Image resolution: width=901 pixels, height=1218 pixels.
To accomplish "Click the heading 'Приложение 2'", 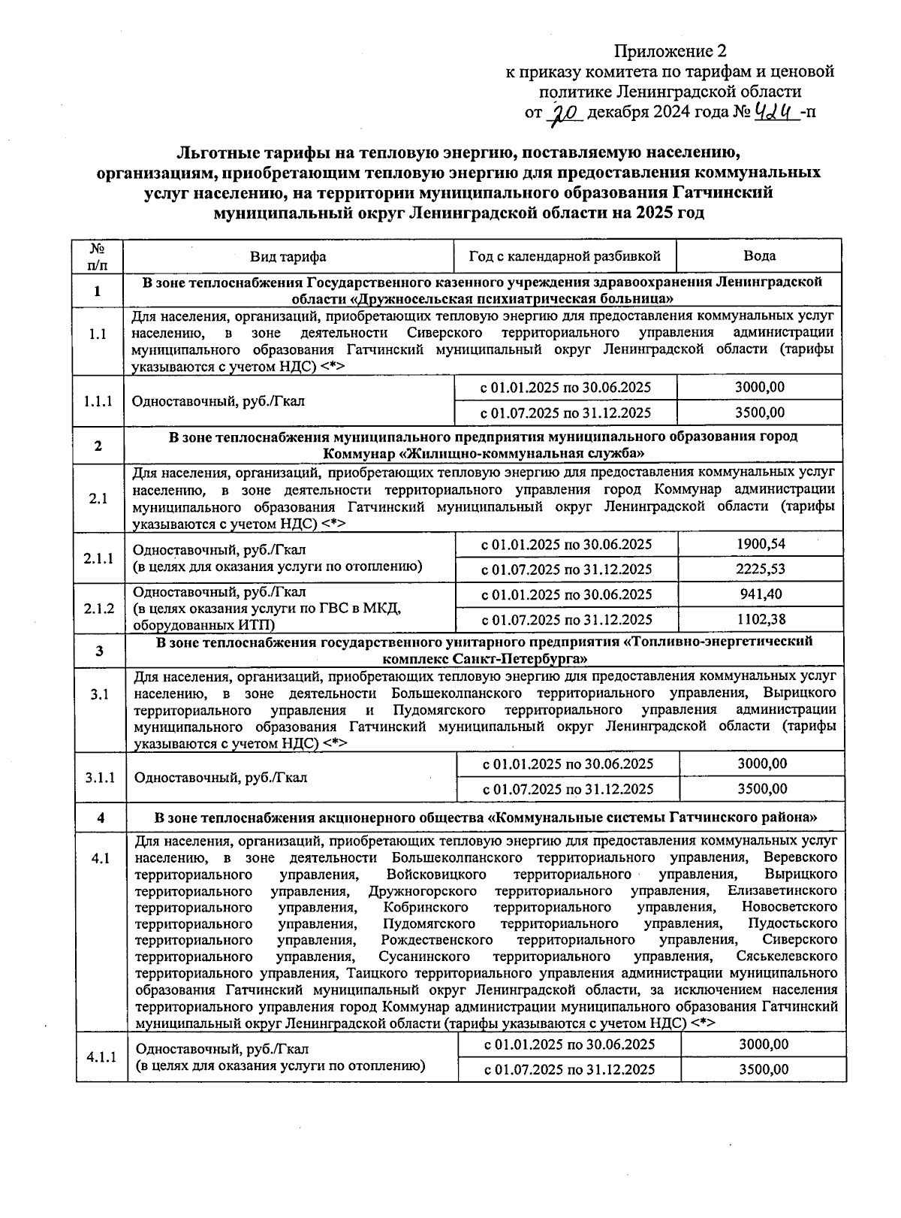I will pos(670,51).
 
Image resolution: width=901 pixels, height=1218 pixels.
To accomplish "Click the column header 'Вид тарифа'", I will pos(288,256).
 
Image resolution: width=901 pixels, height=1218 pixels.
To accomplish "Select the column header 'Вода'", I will pos(759,255).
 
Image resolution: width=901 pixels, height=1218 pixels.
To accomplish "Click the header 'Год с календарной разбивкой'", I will pos(565,256).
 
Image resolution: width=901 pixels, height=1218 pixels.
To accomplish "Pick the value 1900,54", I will pos(760,544).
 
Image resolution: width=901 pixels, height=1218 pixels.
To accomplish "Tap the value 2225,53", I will pos(760,569).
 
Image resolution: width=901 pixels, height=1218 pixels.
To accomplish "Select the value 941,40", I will pos(760,594).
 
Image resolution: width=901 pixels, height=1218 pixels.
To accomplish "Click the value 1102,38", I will pos(760,619).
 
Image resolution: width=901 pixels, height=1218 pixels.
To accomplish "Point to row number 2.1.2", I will pos(99,607).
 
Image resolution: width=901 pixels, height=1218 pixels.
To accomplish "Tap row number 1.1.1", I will pos(98,400).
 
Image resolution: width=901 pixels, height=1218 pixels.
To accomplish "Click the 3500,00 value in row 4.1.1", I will pos(763,1069).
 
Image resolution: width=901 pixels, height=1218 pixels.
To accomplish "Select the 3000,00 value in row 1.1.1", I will pos(759,387).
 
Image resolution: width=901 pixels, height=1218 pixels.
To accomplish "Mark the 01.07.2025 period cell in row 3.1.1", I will pos(568,789).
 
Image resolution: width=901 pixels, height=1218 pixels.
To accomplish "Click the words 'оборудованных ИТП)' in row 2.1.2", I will pos(203,625).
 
